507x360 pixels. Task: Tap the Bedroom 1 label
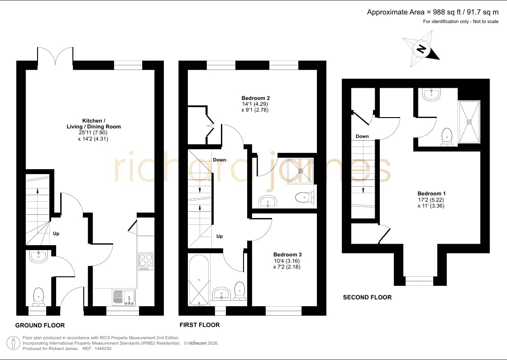[431, 194]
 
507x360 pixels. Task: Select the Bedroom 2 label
[255, 98]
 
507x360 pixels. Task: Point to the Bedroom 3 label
[287, 255]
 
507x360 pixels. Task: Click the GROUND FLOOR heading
[40, 326]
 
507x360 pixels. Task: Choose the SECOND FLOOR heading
[367, 297]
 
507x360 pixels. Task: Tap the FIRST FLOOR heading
[200, 325]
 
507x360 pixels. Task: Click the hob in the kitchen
[145, 261]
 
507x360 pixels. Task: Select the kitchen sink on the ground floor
[124, 297]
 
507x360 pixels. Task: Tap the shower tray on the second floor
[469, 122]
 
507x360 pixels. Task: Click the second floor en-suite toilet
[447, 137]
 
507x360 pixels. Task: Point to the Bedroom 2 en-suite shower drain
[301, 171]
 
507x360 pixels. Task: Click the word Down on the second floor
[362, 137]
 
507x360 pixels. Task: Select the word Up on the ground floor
[56, 234]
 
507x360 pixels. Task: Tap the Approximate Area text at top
[433, 12]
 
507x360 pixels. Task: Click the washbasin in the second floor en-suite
[431, 94]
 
